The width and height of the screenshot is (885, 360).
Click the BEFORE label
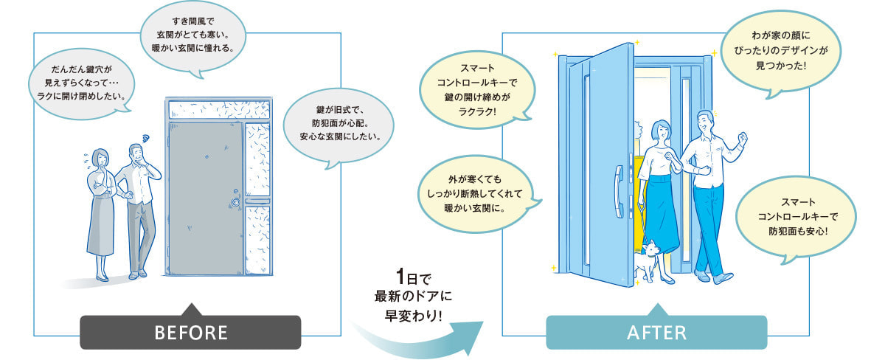click(x=190, y=332)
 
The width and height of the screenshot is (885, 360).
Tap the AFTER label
click(x=656, y=332)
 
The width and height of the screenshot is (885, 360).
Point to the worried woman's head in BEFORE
click(x=100, y=158)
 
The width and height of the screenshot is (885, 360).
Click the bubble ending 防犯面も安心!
click(x=796, y=216)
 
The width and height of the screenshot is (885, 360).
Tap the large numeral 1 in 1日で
click(x=400, y=277)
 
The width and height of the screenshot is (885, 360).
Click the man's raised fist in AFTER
click(x=743, y=138)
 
